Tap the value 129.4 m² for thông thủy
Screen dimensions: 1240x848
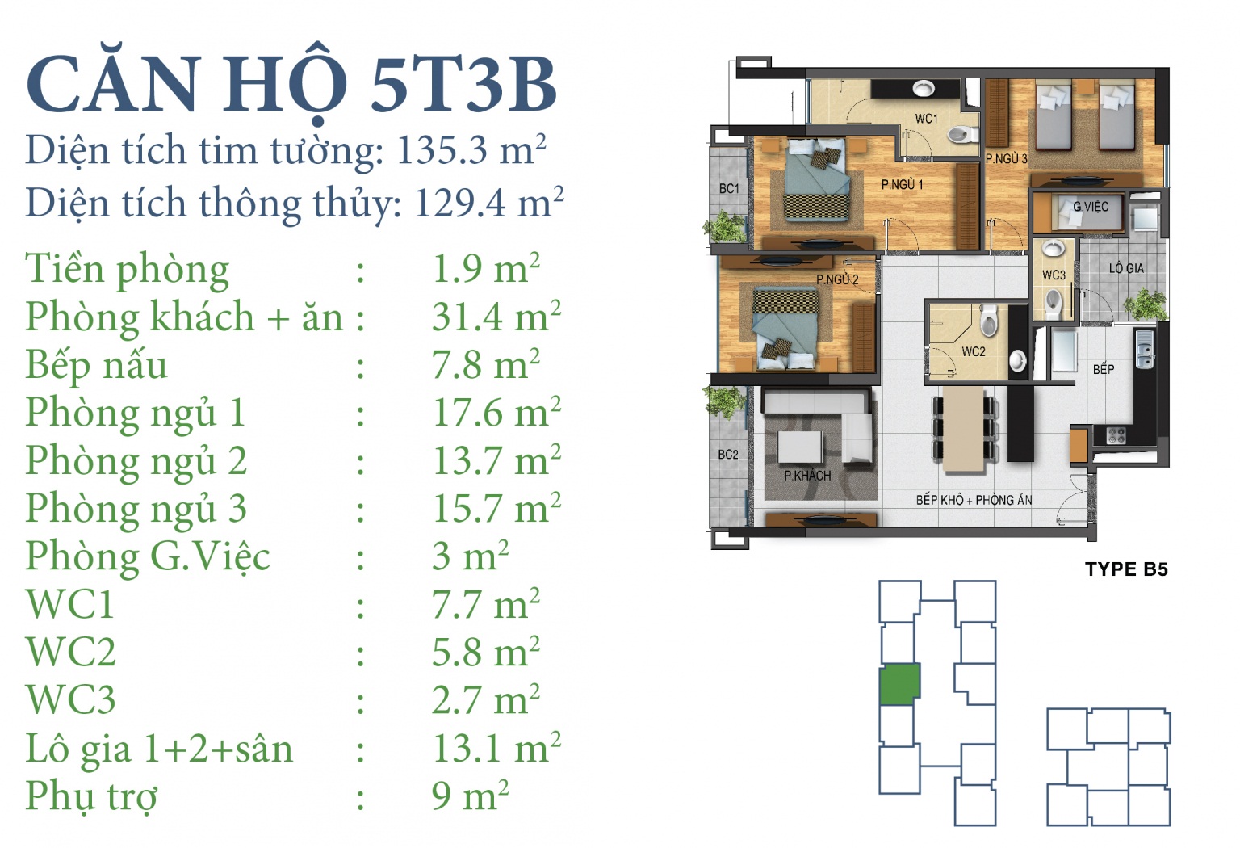tap(489, 202)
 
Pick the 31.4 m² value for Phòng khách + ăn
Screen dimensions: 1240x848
tap(496, 317)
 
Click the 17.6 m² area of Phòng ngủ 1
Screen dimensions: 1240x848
tap(496, 412)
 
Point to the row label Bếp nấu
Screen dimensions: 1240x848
tap(96, 366)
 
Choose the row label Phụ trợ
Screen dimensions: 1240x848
tap(91, 796)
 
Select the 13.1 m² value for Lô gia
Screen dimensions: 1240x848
tap(496, 748)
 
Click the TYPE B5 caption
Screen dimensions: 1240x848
tap(1126, 569)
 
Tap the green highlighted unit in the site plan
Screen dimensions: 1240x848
tap(899, 684)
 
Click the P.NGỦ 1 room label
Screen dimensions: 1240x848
tap(902, 184)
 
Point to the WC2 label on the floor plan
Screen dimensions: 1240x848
tap(973, 351)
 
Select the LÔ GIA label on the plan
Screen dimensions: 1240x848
tap(1126, 268)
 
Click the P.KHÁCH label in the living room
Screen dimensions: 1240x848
tap(807, 475)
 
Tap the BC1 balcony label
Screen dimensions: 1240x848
tap(729, 188)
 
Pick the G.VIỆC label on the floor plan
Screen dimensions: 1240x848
tap(1091, 207)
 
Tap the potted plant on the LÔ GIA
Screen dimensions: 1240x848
tap(1145, 304)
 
